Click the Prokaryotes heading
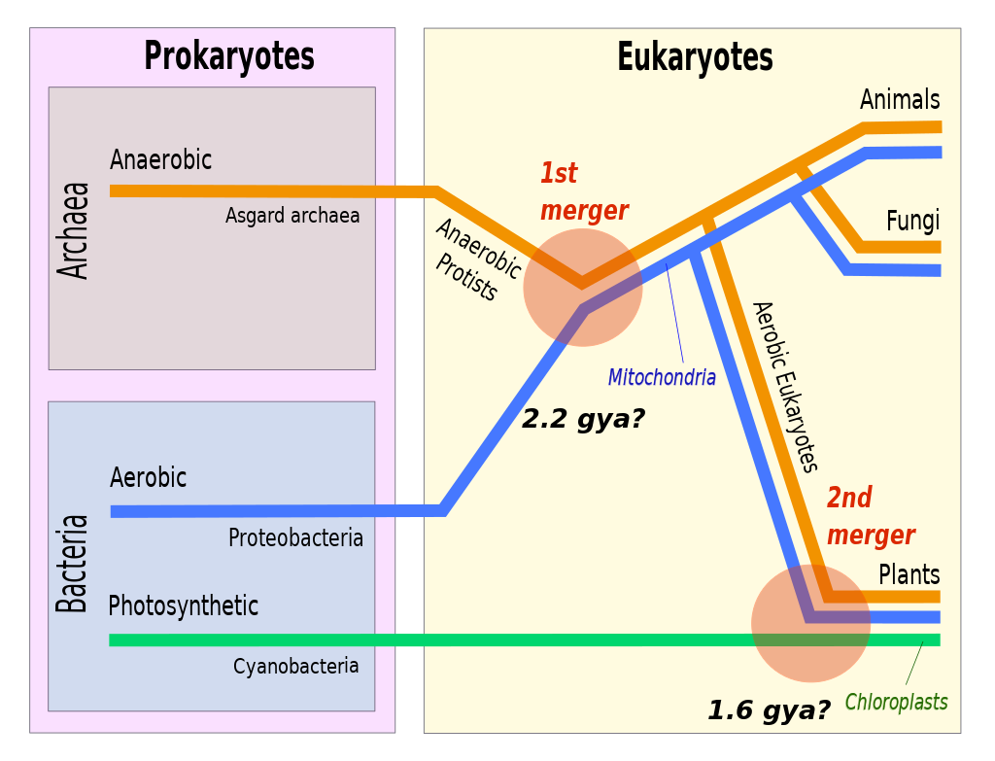[x=229, y=57]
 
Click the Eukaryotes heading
[x=695, y=57]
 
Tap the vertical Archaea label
[x=73, y=230]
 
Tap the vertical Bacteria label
[x=72, y=564]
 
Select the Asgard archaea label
[x=292, y=216]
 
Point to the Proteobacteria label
[x=295, y=538]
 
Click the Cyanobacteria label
[x=295, y=667]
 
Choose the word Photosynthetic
[x=184, y=606]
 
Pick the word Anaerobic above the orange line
[x=160, y=159]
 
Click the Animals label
[x=900, y=100]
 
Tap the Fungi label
[x=913, y=221]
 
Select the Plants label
[x=909, y=575]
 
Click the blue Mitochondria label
[x=662, y=378]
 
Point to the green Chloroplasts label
[x=896, y=702]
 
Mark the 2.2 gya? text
[x=583, y=419]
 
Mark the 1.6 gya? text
[x=770, y=710]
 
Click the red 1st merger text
[x=584, y=191]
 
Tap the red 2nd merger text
[x=871, y=517]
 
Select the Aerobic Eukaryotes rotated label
[x=785, y=387]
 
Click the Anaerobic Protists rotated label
[x=478, y=259]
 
